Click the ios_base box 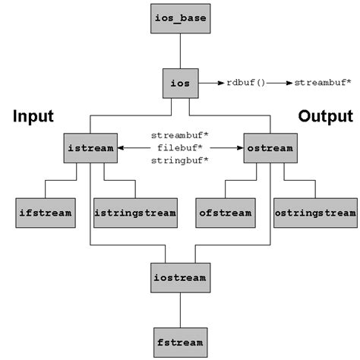click(180, 18)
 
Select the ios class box click(180, 82)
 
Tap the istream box click(90, 148)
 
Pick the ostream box click(269, 148)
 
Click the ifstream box click(45, 213)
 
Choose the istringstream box click(135, 213)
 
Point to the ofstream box click(226, 213)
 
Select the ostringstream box click(314, 213)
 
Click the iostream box click(180, 278)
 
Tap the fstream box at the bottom click(180, 343)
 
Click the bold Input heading click(33, 116)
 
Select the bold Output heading click(325, 116)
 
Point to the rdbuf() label click(246, 82)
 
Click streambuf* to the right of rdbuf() click(323, 82)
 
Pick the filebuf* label click(180, 148)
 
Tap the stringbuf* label click(180, 161)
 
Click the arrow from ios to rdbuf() click(210, 82)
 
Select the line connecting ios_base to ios click(180, 50)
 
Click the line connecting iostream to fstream click(180, 310)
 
